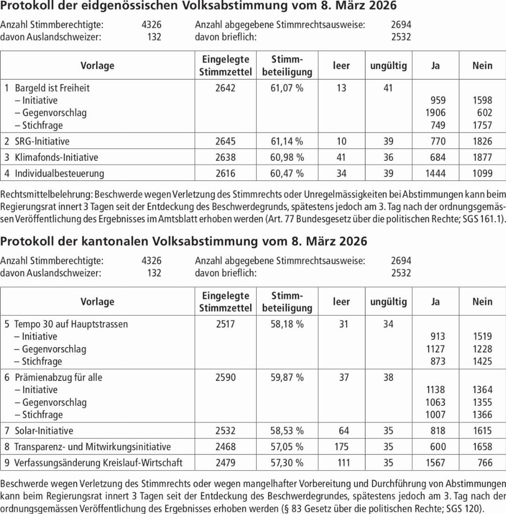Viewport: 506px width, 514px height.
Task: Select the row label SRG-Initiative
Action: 42,141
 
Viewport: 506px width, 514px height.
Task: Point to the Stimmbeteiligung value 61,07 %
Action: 287,88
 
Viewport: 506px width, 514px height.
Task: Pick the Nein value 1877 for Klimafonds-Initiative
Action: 482,157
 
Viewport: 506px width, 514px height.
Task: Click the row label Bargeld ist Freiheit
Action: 52,88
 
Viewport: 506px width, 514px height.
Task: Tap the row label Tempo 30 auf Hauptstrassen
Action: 71,324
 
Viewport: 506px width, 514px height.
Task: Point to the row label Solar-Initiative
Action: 44,430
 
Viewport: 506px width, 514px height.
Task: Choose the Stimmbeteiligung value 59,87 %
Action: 287,377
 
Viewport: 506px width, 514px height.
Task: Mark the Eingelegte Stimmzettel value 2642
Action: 225,88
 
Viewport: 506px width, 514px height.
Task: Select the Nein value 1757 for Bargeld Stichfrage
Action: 482,125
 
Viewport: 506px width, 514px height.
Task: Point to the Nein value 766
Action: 484,462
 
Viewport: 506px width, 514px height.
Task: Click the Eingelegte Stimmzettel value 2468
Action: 225,447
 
